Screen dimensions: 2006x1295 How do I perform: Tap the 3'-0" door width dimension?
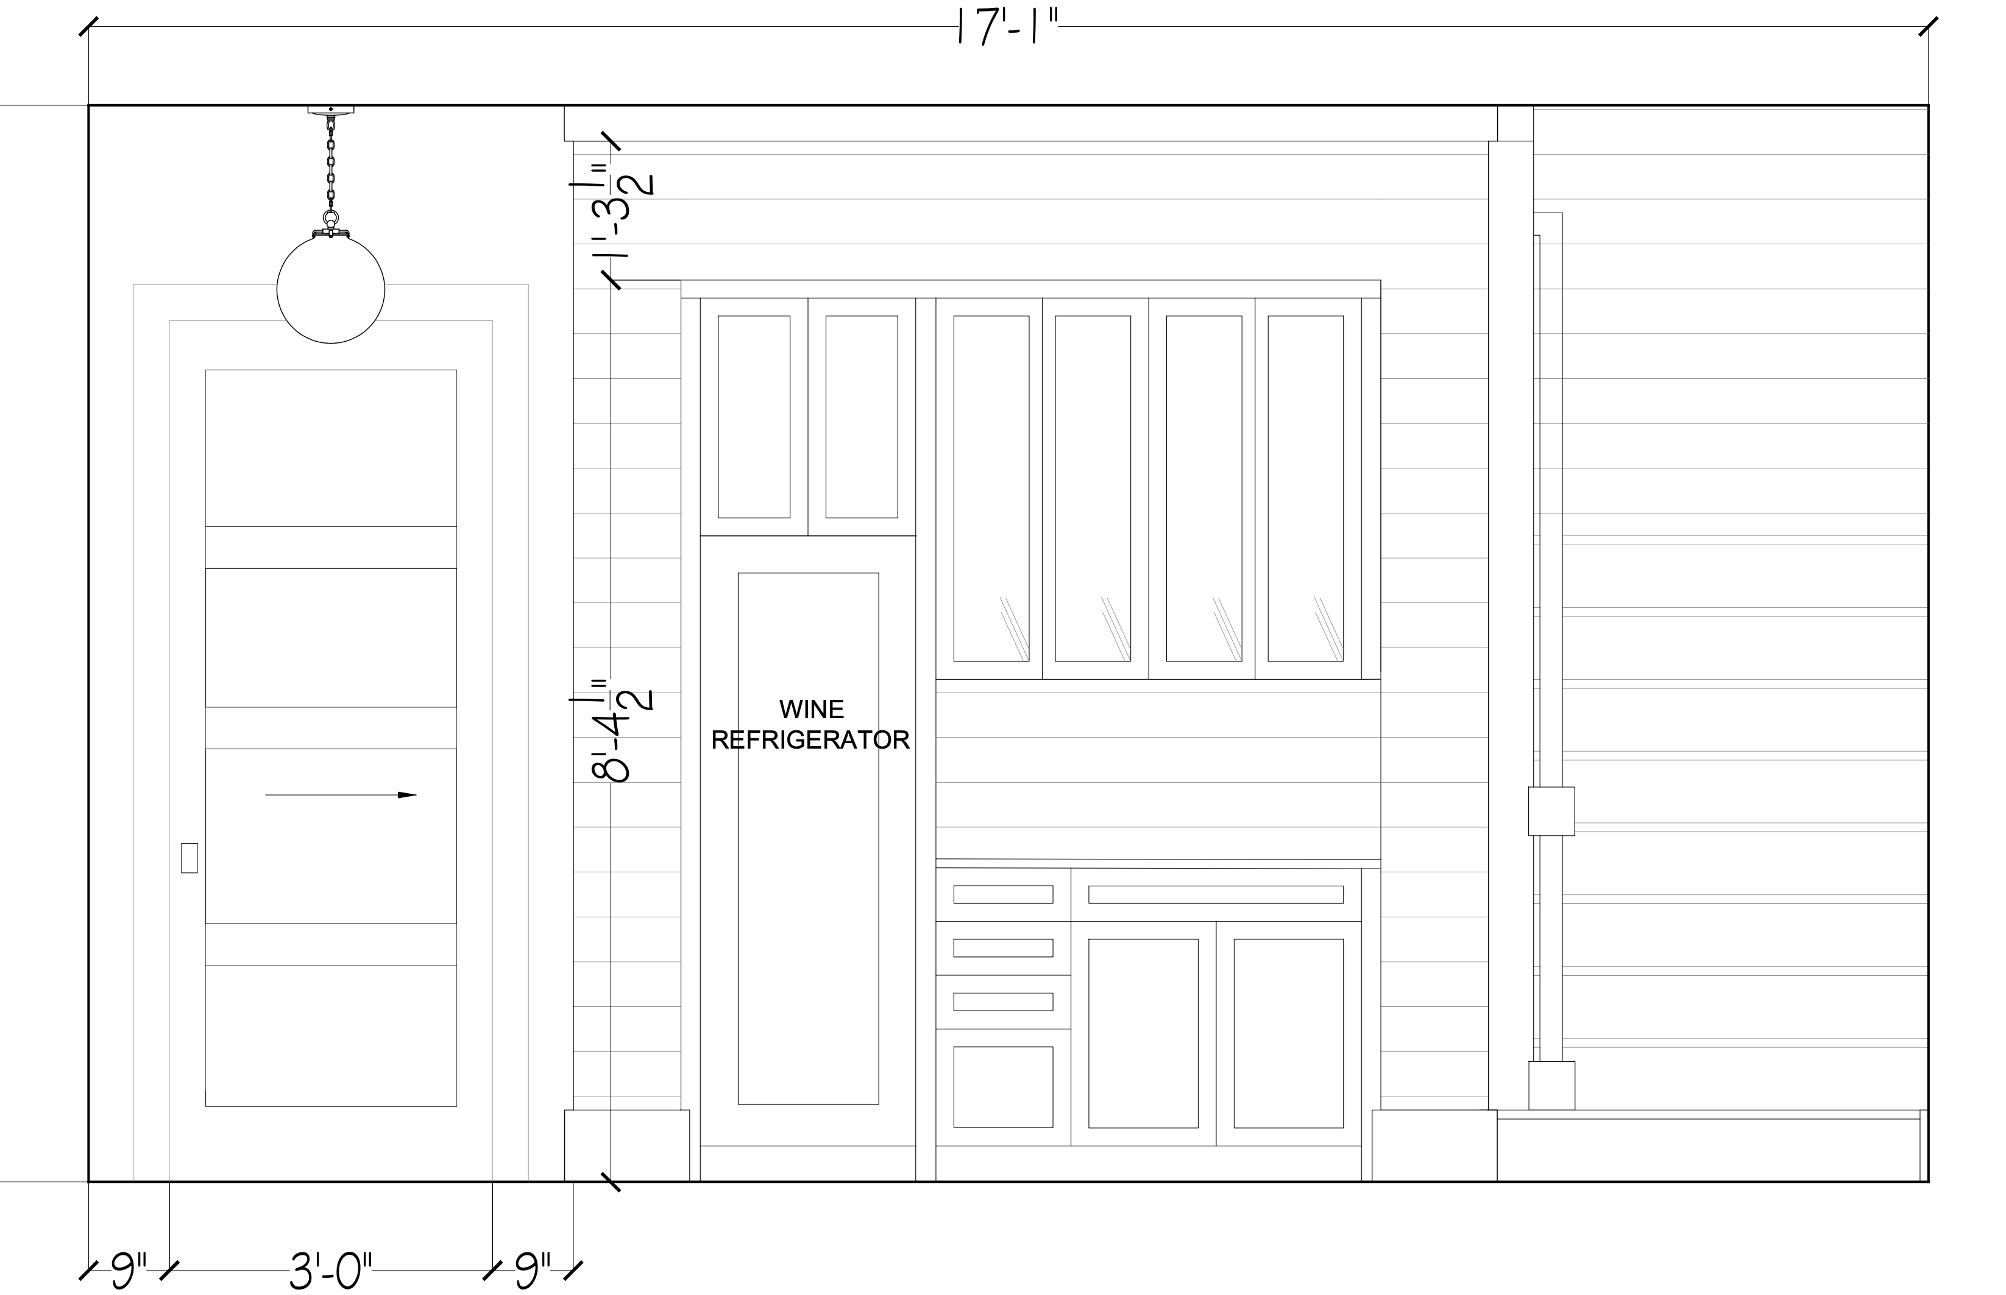[x=330, y=1270]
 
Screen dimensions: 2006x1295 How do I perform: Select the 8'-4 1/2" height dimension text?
[x=623, y=730]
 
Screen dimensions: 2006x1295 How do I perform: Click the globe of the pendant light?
[x=330, y=289]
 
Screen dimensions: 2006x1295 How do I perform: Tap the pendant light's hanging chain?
[x=330, y=164]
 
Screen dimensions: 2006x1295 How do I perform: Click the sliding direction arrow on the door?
[x=341, y=795]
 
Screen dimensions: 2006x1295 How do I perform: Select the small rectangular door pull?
[x=190, y=858]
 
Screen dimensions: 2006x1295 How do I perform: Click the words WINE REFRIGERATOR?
[x=811, y=724]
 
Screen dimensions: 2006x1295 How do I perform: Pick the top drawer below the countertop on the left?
[x=1002, y=894]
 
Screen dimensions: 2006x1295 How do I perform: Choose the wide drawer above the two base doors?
[x=1216, y=894]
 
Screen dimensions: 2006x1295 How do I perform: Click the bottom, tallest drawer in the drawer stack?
[x=1002, y=1087]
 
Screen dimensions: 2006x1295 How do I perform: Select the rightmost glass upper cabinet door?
[x=1307, y=488]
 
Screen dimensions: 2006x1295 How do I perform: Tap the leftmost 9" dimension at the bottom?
[x=129, y=1270]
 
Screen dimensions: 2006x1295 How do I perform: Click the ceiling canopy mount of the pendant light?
[x=330, y=109]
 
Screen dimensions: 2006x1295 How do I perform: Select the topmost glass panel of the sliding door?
[x=330, y=448]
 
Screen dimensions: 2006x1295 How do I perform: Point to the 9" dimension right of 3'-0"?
[x=533, y=1270]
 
